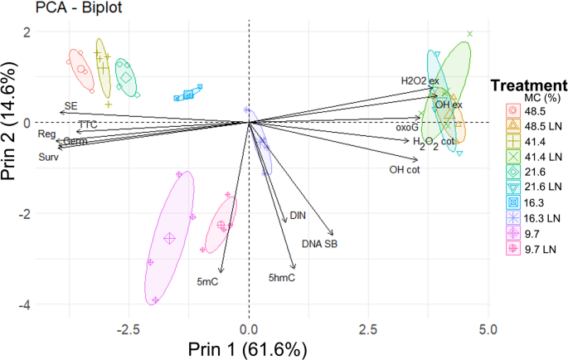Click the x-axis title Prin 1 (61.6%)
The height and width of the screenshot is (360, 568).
tap(249, 348)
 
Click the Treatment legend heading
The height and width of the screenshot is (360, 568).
tap(528, 85)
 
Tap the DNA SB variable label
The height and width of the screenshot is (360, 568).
tap(319, 244)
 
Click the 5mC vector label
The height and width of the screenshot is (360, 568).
tap(207, 283)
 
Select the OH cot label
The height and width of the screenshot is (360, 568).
tap(405, 170)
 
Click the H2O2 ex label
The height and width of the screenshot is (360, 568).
tap(419, 80)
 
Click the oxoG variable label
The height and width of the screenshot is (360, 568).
tap(407, 128)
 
